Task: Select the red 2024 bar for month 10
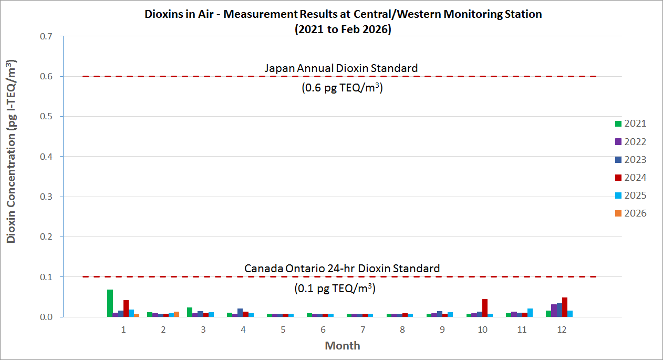click(x=485, y=307)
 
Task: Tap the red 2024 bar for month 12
click(x=565, y=307)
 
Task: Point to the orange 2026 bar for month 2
click(x=177, y=314)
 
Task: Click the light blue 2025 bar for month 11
click(x=530, y=313)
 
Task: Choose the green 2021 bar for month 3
click(x=190, y=312)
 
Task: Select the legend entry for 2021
click(x=630, y=124)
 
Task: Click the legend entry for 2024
click(x=630, y=178)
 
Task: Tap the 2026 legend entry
click(x=630, y=213)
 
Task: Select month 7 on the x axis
click(x=362, y=330)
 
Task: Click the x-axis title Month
click(x=343, y=346)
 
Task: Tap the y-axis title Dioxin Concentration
click(x=12, y=152)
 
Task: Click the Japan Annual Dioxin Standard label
click(x=341, y=68)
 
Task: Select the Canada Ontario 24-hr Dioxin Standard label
click(x=342, y=269)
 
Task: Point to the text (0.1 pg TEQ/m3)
click(x=334, y=289)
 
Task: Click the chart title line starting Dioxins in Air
click(x=343, y=14)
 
